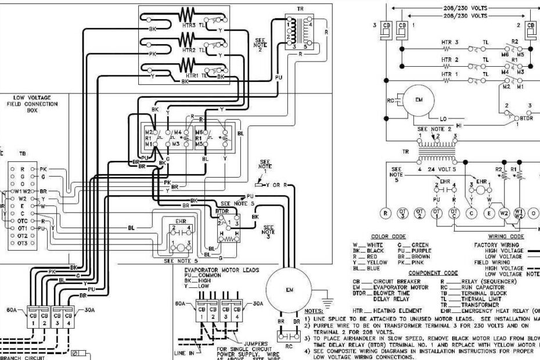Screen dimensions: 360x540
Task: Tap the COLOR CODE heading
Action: [x=388, y=237]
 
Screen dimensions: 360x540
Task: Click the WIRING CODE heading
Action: [x=506, y=237]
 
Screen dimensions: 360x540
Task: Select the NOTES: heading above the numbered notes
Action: [x=314, y=311]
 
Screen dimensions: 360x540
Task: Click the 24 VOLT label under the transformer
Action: [x=440, y=170]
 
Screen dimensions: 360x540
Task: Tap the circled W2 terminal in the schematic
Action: [x=503, y=213]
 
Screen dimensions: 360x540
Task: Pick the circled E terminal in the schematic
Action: [x=488, y=213]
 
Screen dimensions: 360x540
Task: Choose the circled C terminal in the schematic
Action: [x=471, y=213]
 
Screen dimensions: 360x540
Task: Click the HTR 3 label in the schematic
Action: [x=449, y=42]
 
